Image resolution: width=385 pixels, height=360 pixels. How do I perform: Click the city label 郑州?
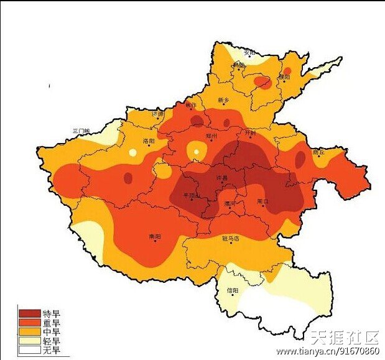(211, 135)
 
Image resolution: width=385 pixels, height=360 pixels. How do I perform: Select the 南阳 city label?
(155, 237)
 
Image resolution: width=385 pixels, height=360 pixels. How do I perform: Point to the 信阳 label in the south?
(232, 290)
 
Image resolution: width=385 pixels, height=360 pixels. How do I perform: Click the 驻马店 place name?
(231, 238)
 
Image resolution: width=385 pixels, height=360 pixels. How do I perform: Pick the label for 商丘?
(318, 151)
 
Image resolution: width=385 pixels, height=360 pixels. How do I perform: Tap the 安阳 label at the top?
(249, 52)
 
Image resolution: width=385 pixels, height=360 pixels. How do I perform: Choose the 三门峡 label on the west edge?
(81, 131)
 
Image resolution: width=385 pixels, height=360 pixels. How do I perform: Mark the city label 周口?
(262, 201)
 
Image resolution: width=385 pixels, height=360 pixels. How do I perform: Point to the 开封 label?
(250, 132)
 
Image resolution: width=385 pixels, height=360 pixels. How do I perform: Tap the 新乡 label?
(224, 100)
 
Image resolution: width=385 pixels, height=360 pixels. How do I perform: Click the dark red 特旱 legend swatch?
(29, 313)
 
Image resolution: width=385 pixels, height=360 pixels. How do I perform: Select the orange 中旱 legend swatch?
(29, 332)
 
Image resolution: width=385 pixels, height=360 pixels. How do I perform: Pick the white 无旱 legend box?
(29, 351)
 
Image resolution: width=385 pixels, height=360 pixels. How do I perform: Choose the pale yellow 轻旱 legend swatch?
(29, 341)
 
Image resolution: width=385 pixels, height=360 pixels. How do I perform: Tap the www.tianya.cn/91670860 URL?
(328, 352)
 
